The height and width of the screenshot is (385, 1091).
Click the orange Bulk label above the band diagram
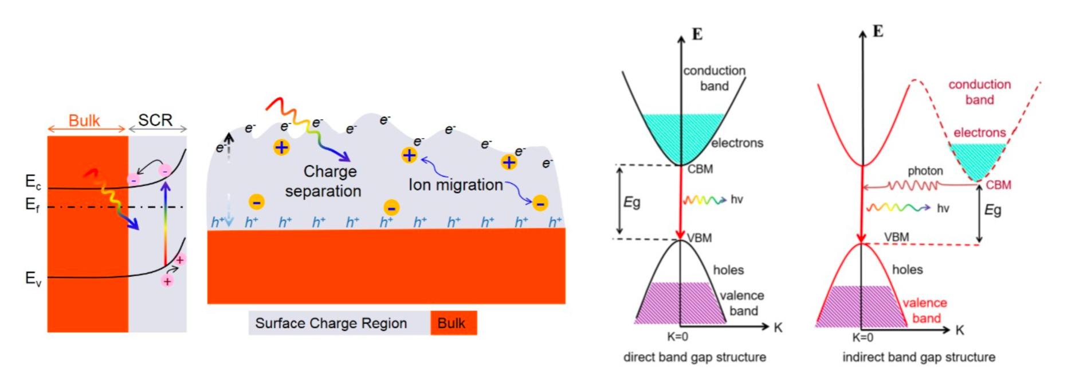point(84,120)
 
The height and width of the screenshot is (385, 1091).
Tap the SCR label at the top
point(155,120)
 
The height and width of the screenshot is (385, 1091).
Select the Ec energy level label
point(33,182)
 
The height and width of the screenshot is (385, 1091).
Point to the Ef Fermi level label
point(33,204)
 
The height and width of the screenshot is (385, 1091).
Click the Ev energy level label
point(33,279)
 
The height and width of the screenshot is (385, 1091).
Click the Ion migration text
point(456,185)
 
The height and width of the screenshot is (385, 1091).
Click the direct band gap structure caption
point(694,357)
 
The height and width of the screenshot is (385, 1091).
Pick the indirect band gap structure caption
point(919,357)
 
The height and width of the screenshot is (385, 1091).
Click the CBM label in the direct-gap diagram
point(700,169)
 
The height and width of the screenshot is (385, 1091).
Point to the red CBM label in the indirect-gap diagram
point(998,185)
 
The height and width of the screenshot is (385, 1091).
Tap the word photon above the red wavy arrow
point(925,171)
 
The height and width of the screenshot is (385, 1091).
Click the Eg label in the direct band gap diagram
point(631,202)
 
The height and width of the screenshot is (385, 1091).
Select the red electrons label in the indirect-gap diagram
point(979,133)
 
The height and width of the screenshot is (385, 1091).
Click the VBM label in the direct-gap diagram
point(700,238)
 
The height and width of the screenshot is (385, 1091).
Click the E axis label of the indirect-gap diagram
point(877,31)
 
